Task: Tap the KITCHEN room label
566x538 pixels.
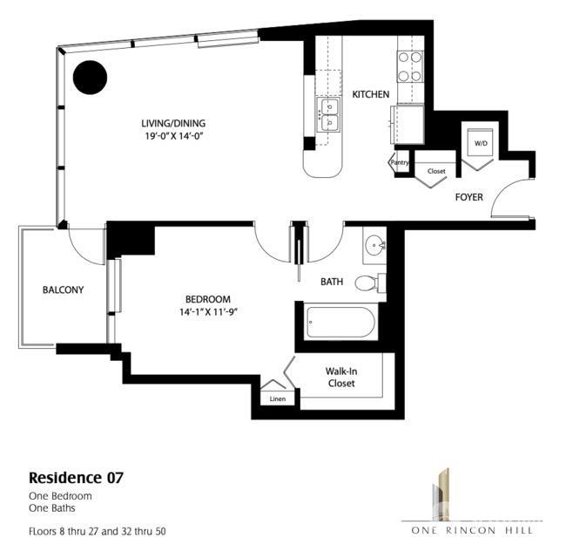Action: pyautogui.click(x=370, y=94)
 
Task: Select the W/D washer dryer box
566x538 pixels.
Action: pyautogui.click(x=480, y=143)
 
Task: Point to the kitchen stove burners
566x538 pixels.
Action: pyautogui.click(x=410, y=66)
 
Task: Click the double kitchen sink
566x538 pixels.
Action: pyautogui.click(x=329, y=115)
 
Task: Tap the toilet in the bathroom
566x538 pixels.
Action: pyautogui.click(x=371, y=282)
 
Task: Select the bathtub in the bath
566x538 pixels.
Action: pyautogui.click(x=341, y=323)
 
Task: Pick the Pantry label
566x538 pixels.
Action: pyautogui.click(x=400, y=162)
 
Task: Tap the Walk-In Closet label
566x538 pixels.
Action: pyautogui.click(x=340, y=376)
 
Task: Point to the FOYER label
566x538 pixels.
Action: pyautogui.click(x=469, y=197)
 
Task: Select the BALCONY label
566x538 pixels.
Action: pyautogui.click(x=63, y=290)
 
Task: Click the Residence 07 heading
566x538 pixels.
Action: pyautogui.click(x=76, y=478)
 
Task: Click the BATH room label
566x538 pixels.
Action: pyautogui.click(x=332, y=282)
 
